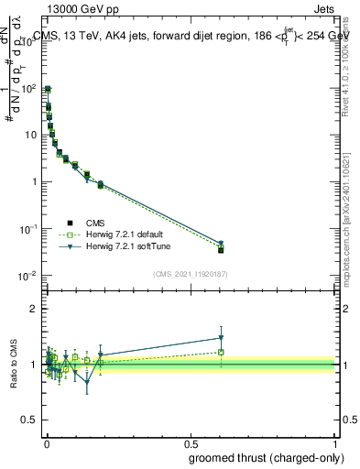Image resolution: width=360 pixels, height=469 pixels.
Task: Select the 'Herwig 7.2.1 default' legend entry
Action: (122, 234)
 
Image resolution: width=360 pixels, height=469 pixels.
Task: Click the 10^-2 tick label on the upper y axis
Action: (27, 276)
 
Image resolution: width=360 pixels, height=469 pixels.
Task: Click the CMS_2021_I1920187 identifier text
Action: (190, 274)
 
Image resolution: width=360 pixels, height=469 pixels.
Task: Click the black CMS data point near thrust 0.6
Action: (221, 250)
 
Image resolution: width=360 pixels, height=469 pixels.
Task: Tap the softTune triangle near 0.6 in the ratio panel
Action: (221, 337)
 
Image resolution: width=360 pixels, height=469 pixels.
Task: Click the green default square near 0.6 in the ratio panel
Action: (221, 352)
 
